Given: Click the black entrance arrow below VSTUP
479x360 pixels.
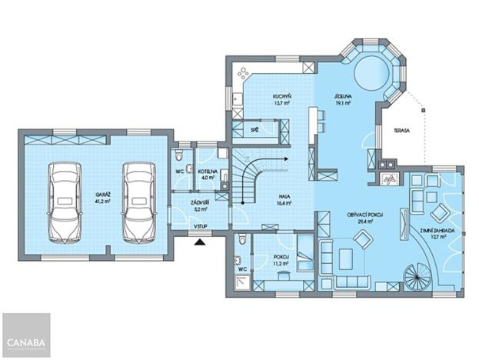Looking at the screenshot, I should pos(201,242).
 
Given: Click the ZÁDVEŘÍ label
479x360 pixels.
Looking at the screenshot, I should pos(201,202).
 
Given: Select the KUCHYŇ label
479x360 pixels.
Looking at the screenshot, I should pos(281,96).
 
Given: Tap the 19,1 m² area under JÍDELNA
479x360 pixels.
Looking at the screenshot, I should pos(343,102).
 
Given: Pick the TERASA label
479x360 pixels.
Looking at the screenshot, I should pos(401,131).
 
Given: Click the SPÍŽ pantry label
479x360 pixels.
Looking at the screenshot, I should pos(254,132).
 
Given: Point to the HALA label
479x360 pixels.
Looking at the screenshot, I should pos(284,196).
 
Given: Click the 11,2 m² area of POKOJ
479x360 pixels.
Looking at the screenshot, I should pos(282,263).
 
